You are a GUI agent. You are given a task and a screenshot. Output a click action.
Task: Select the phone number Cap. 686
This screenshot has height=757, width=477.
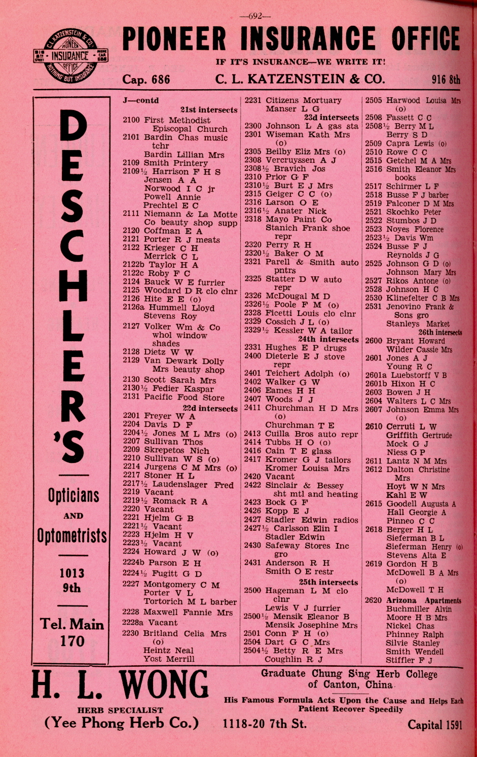146,80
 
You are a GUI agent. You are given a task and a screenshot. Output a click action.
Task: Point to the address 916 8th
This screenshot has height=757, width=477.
446,80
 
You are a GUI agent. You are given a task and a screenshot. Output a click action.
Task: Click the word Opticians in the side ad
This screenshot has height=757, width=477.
74,495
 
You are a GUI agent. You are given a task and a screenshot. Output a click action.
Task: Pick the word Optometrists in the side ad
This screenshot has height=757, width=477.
72,535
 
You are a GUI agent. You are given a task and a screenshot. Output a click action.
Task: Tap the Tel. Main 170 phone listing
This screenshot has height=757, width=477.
72,632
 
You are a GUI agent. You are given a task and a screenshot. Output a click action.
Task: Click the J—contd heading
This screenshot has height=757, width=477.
140,100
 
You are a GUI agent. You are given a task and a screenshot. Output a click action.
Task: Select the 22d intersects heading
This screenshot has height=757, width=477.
210,408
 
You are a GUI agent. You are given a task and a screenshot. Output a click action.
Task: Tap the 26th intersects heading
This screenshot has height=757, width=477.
439,333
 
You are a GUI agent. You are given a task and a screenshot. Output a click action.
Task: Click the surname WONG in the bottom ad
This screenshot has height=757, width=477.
165,684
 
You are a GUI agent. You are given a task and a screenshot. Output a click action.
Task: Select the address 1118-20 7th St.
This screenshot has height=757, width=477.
265,724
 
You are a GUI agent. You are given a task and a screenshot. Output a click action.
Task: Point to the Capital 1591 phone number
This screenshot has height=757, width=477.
435,725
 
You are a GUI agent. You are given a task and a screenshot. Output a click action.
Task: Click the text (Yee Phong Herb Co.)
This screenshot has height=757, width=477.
122,723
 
